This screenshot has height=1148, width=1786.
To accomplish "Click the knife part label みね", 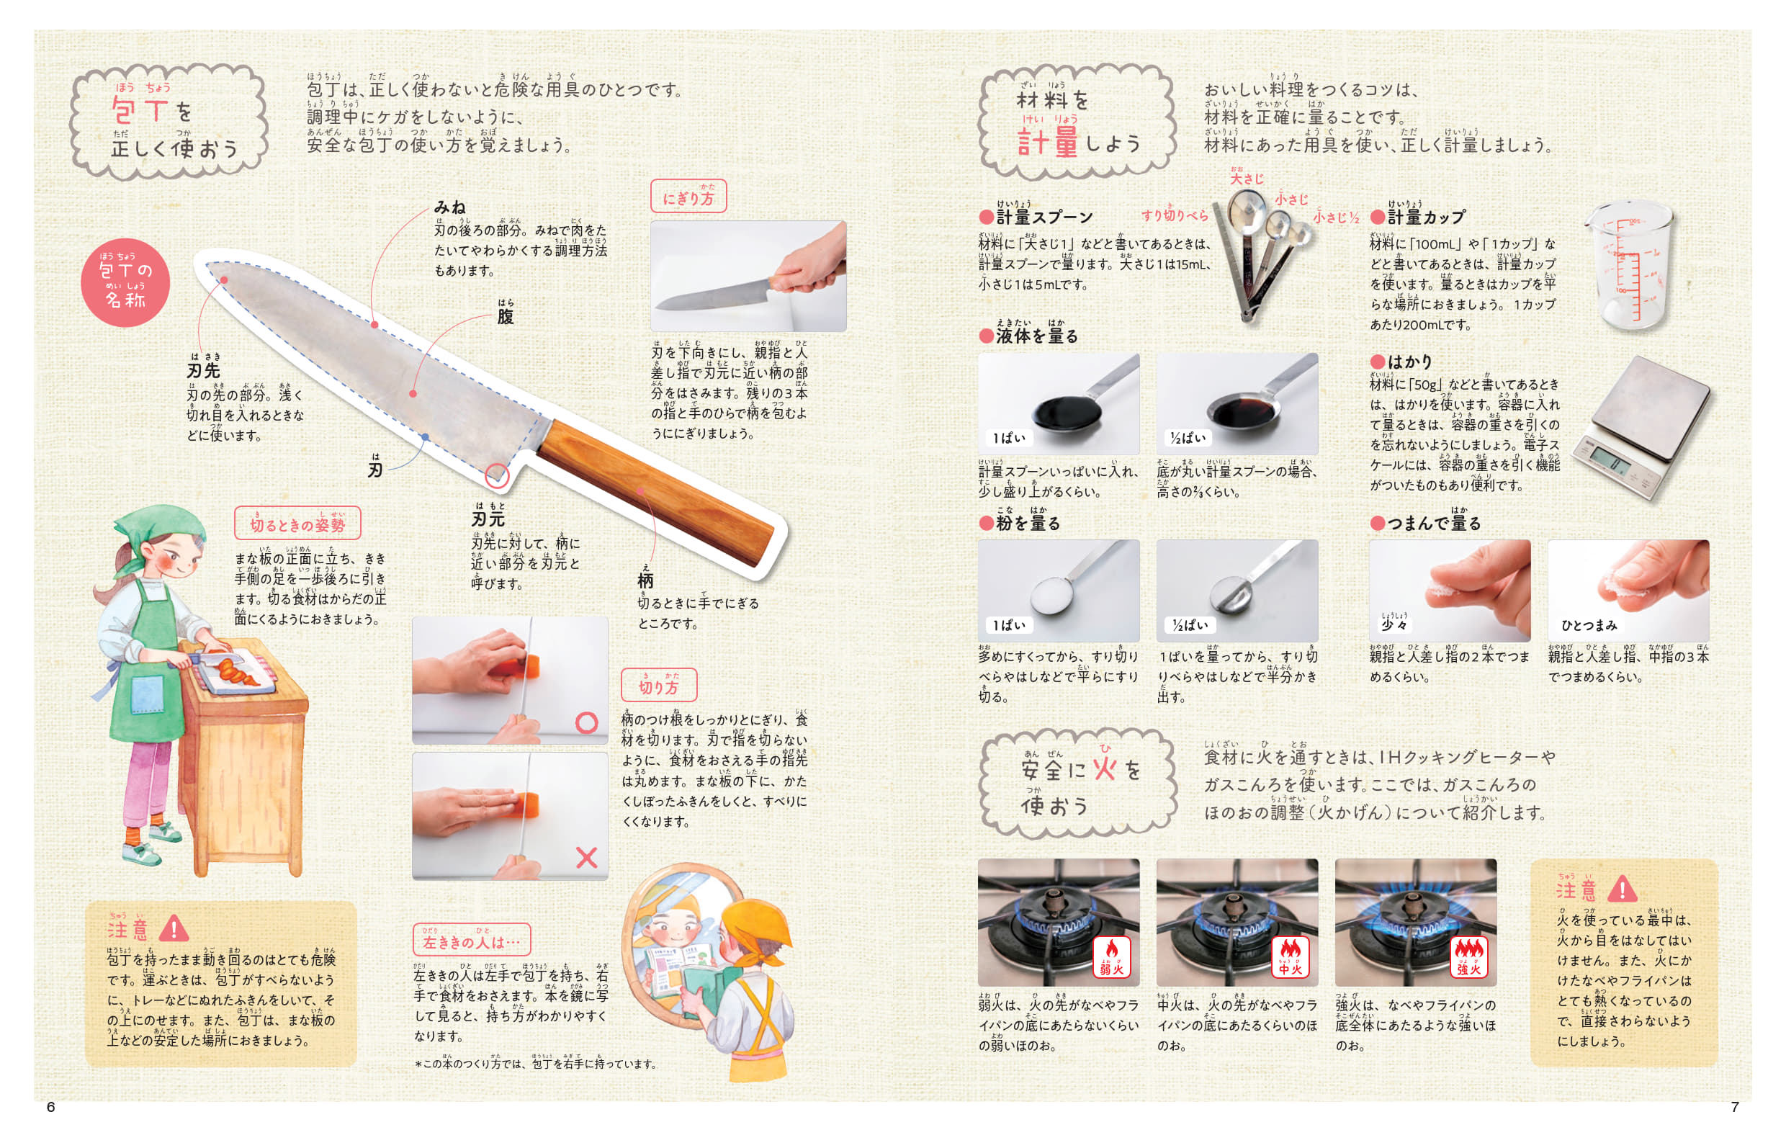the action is point(449,207).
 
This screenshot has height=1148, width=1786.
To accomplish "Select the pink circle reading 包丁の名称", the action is point(125,282).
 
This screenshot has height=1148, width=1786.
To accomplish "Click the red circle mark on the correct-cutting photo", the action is point(587,722).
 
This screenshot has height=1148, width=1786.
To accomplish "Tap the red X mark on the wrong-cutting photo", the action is point(587,857).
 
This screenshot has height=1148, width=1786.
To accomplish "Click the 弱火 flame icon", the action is point(1111,957).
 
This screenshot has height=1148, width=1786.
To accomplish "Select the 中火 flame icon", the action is point(1290,957).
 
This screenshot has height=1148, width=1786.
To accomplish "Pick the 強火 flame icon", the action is point(1468,957).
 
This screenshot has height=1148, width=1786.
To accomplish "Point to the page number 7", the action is point(1735,1107).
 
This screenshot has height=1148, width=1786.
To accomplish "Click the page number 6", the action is point(50,1107).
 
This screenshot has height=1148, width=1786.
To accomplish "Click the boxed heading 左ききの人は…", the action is point(472,940).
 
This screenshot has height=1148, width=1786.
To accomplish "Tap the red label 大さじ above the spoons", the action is point(1247,177).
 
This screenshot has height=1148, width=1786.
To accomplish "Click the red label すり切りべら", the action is point(1174,215).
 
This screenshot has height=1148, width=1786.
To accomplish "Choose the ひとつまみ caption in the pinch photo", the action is point(1589,624).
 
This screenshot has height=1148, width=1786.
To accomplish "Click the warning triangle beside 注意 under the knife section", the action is point(174,928).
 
